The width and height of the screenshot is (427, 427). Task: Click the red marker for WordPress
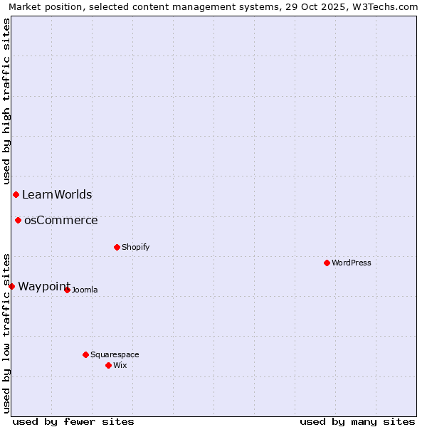pyautogui.click(x=327, y=263)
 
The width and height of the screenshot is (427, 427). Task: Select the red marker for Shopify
pyautogui.click(x=117, y=247)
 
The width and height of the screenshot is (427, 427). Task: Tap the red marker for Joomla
pyautogui.click(x=67, y=290)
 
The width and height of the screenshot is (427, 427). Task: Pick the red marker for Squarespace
pyautogui.click(x=85, y=354)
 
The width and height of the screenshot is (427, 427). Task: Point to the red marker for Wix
pyautogui.click(x=108, y=365)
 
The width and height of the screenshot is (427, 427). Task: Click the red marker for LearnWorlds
pyautogui.click(x=16, y=194)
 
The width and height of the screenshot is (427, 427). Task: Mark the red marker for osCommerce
pyautogui.click(x=18, y=220)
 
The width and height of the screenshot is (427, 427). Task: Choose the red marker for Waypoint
pyautogui.click(x=11, y=286)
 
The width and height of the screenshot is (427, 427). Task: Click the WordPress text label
pyautogui.click(x=352, y=263)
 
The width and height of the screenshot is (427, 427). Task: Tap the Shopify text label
pyautogui.click(x=136, y=247)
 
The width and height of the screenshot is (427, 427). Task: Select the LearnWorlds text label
pyautogui.click(x=57, y=194)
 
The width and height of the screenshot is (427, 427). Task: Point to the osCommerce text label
pyautogui.click(x=61, y=220)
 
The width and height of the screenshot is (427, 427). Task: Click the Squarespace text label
pyautogui.click(x=115, y=354)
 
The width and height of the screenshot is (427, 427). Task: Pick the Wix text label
pyautogui.click(x=120, y=365)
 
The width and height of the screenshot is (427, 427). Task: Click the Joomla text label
pyautogui.click(x=85, y=290)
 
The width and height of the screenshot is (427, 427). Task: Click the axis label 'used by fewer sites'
pyautogui.click(x=73, y=421)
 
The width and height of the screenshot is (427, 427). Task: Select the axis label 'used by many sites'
pyautogui.click(x=357, y=421)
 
